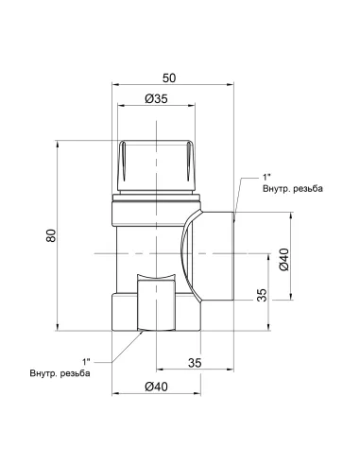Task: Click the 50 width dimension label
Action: pyautogui.click(x=169, y=78)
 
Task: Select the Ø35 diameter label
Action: pyautogui.click(x=156, y=99)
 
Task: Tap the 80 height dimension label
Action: pyautogui.click(x=51, y=235)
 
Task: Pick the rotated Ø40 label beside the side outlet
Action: pyautogui.click(x=283, y=259)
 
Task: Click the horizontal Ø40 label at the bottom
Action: pyautogui.click(x=156, y=387)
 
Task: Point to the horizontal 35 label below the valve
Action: pyautogui.click(x=195, y=363)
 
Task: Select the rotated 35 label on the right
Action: pyautogui.click(x=262, y=295)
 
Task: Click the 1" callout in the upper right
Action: pyautogui.click(x=266, y=177)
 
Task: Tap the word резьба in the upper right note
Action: pyautogui.click(x=308, y=189)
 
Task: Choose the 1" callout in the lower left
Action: pyautogui.click(x=86, y=361)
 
